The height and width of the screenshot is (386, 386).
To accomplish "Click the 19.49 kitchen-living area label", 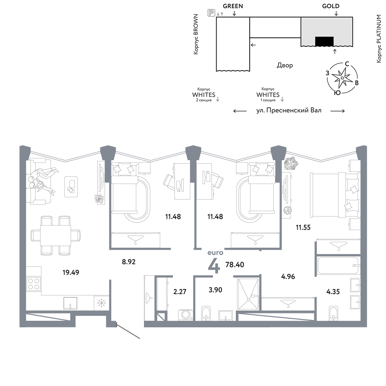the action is tap(71, 273).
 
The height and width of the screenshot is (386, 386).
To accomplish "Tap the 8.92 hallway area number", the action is tap(129, 262).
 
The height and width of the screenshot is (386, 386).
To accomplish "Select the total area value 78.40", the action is tap(235, 265).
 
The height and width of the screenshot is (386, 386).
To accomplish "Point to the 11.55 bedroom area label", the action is tap(303, 227).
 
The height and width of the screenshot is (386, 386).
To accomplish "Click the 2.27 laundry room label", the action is tap(180, 292).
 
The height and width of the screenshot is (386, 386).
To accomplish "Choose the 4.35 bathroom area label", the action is tap(333, 292).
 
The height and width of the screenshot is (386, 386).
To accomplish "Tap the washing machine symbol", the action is tap(185, 315).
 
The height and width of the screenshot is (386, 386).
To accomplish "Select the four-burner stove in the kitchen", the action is tap(34, 284).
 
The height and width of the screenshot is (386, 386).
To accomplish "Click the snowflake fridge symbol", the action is tap(101, 303).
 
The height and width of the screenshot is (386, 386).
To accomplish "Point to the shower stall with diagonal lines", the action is tap(248, 294).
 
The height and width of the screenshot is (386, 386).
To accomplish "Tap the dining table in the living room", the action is tap(55, 235).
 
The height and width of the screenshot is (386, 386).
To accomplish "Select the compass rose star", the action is tap(342, 78).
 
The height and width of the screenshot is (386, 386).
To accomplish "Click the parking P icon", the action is tap(211, 13).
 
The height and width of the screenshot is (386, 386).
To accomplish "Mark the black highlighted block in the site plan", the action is tap(325, 41).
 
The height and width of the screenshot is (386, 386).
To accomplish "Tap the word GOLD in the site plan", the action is tap(331, 6).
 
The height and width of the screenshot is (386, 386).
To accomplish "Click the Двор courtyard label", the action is tap(285, 65).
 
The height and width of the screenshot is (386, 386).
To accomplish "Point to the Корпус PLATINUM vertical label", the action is tap(379, 39).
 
